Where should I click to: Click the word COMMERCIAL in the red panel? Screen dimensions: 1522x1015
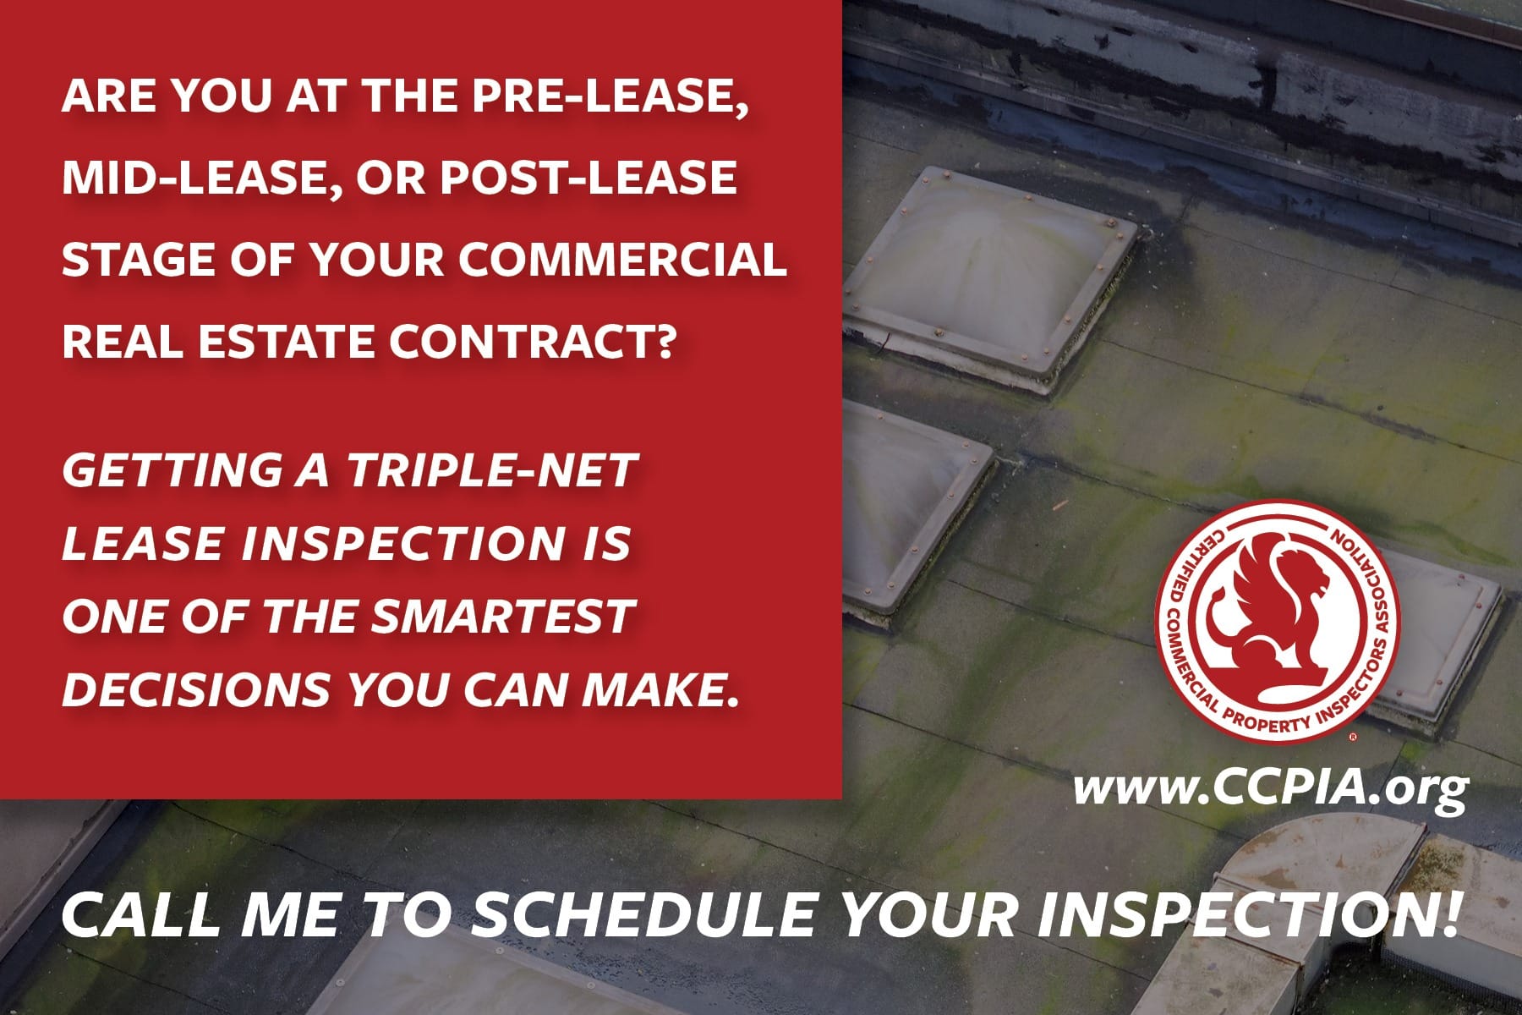623,259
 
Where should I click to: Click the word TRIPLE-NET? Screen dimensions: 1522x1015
491,470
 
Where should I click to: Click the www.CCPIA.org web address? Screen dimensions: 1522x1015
1270,790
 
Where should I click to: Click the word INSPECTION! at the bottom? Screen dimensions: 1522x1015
1250,916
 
